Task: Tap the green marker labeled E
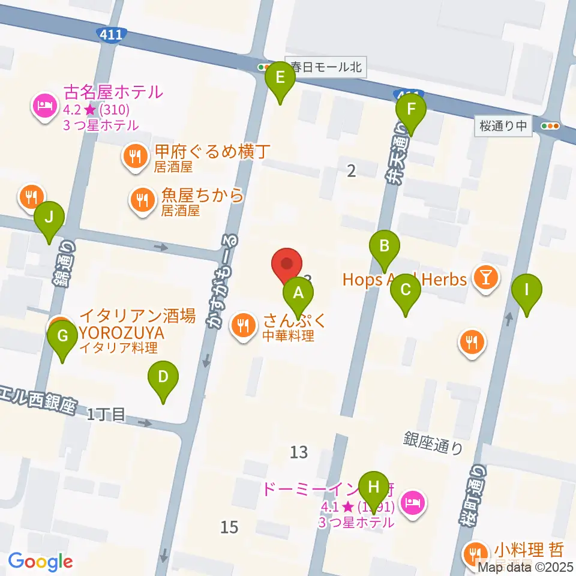coord(280,77)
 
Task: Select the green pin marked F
coord(411,109)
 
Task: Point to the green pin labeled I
coord(527,290)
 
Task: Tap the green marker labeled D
coord(163,377)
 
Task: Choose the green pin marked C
coord(405,290)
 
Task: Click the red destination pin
coord(287,264)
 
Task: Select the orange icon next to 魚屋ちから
coord(143,200)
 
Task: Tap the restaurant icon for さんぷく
coord(243,326)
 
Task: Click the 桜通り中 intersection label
coord(503,126)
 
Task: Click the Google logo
coord(40,562)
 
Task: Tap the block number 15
coord(229,527)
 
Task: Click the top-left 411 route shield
coord(112,35)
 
